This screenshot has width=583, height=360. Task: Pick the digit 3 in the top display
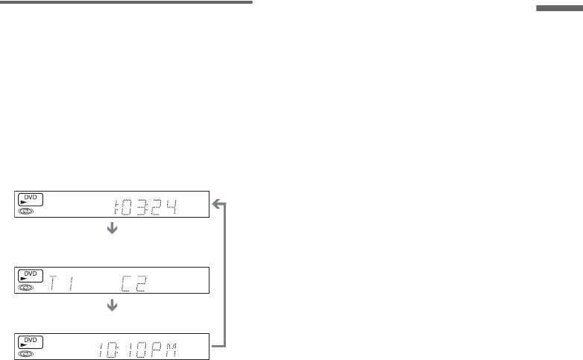click(146, 205)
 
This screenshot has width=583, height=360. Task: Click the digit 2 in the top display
click(158, 205)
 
